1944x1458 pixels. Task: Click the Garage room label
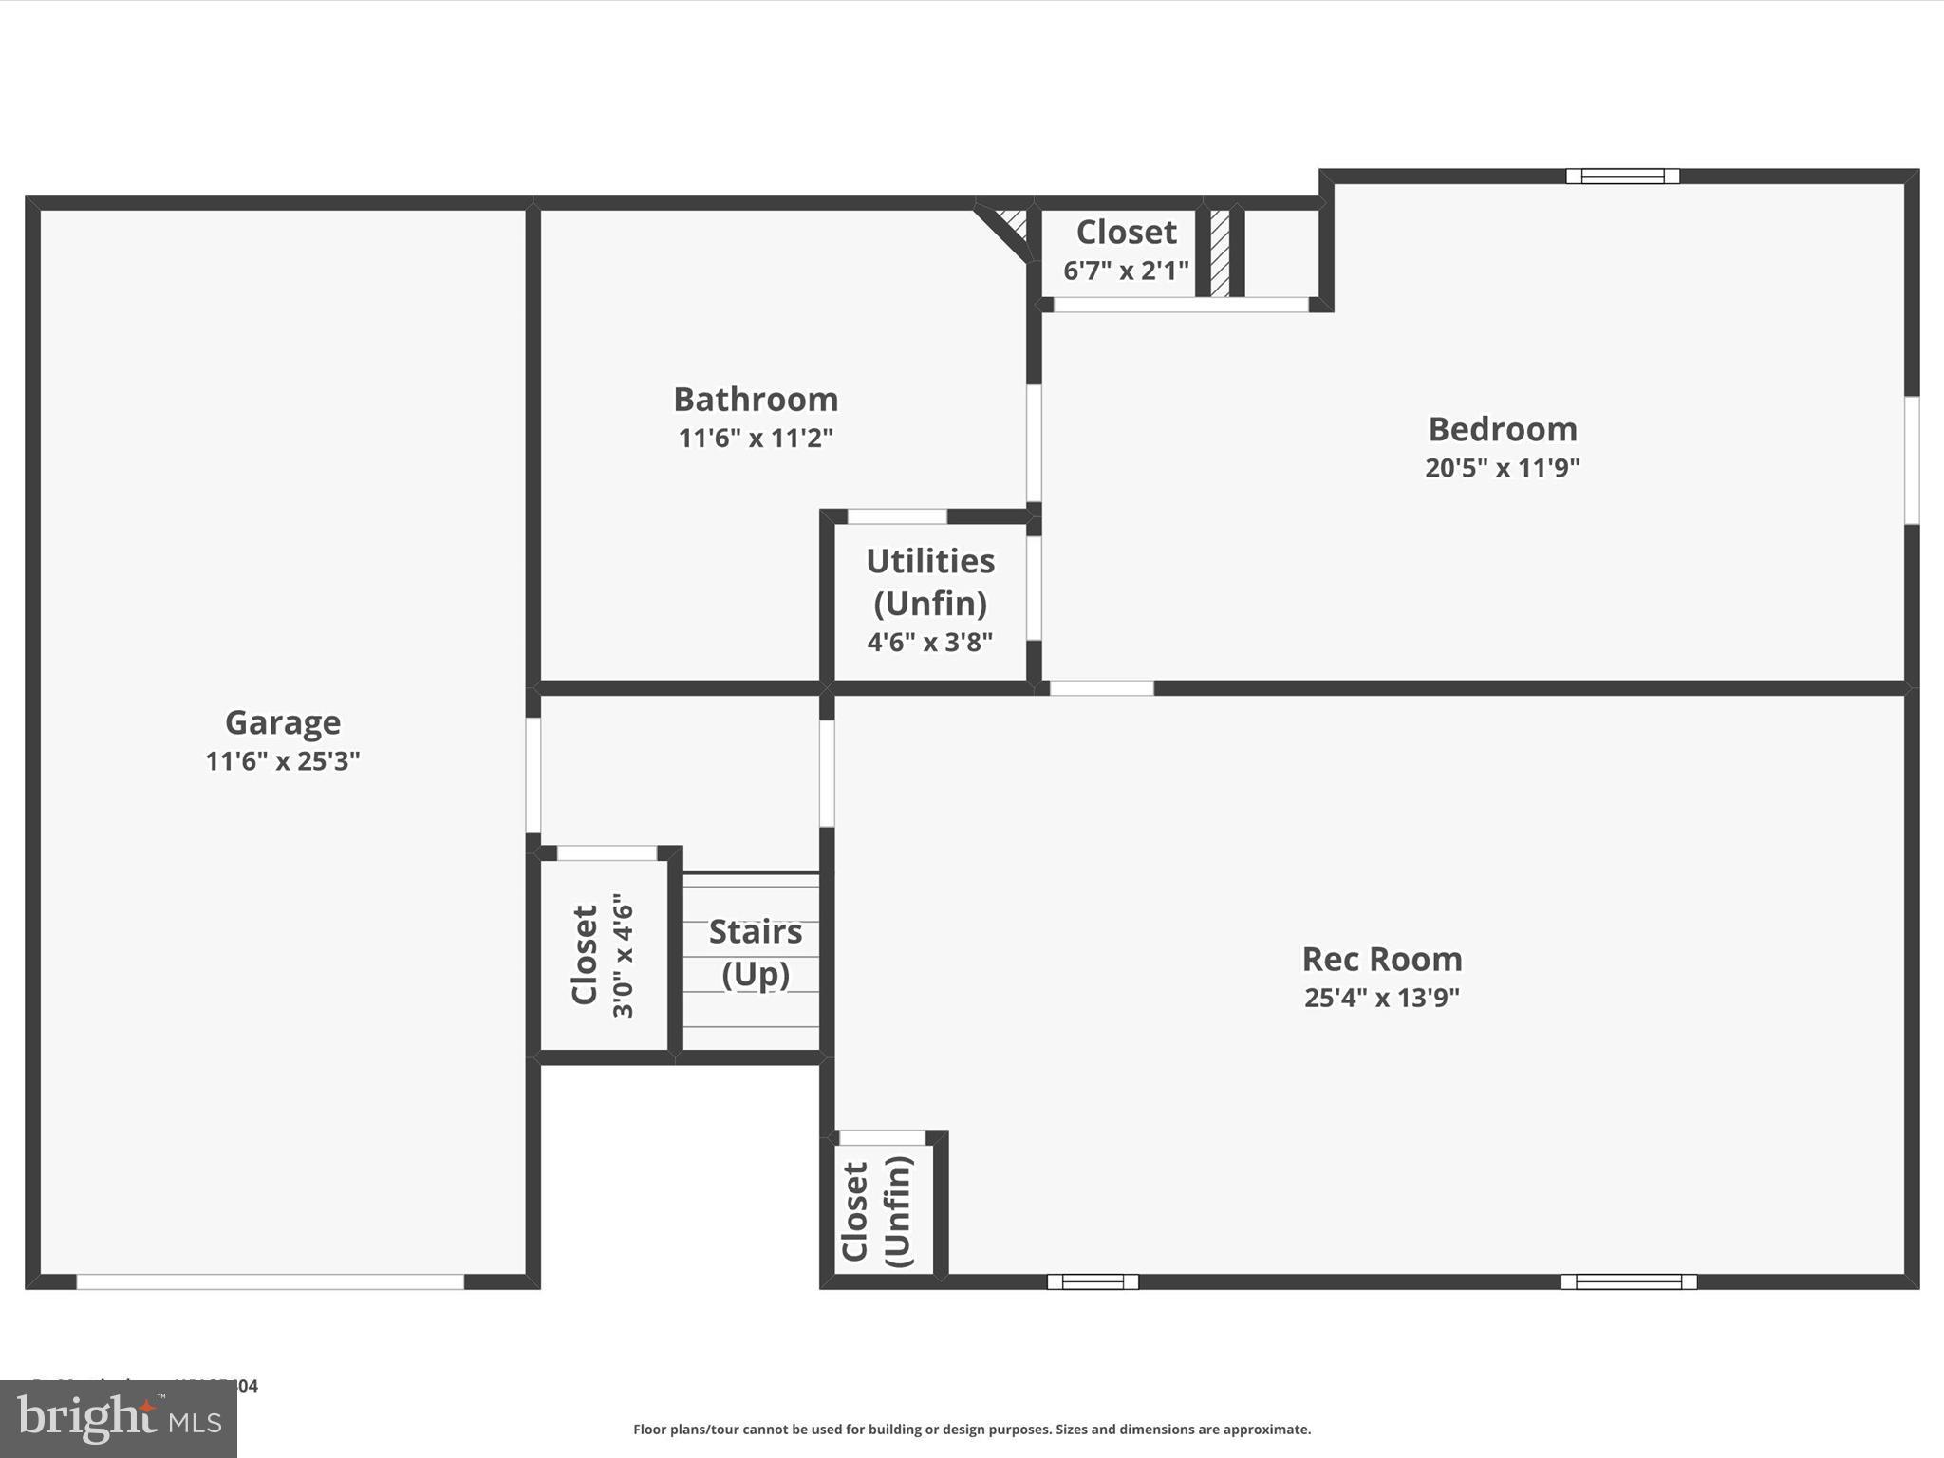click(282, 722)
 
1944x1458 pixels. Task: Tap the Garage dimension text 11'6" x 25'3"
click(282, 761)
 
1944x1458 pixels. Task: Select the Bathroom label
click(756, 400)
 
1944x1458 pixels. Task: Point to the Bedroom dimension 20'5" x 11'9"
click(1502, 468)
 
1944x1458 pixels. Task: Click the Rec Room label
click(1381, 959)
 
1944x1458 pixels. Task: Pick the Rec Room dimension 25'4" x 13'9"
click(1381, 998)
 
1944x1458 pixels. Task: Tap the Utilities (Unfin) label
click(930, 581)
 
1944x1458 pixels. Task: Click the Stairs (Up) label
click(756, 952)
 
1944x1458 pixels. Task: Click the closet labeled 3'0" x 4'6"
click(602, 955)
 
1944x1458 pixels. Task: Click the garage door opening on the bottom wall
click(271, 1281)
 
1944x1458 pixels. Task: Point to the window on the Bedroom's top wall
click(1622, 177)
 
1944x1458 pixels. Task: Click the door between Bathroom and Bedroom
click(1034, 442)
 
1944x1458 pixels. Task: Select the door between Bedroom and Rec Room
click(1101, 688)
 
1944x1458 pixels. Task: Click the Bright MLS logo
click(118, 1418)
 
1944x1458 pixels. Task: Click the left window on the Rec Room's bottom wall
click(1093, 1281)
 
